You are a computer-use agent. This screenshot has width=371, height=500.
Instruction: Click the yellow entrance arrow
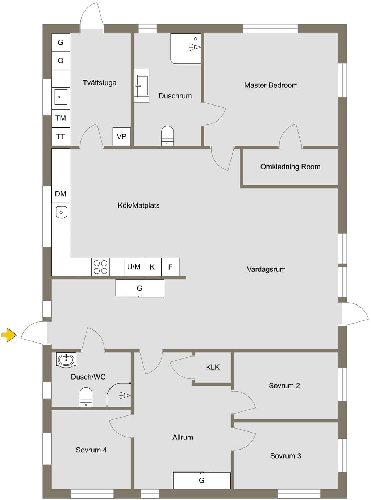[x=9, y=335]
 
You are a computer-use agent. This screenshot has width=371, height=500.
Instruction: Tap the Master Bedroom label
[x=271, y=85]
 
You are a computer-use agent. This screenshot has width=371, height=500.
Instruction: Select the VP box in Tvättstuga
[x=122, y=136]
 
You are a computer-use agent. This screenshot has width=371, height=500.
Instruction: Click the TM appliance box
[x=61, y=118]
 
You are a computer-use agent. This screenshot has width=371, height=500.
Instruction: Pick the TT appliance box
[x=61, y=136]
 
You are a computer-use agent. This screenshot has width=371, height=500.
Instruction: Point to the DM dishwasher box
[x=61, y=194]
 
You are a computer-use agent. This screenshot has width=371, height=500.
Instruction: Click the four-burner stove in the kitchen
[x=100, y=267]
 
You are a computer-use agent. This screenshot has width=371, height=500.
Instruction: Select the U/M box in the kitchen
[x=134, y=267]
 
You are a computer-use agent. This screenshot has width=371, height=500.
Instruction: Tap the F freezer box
[x=170, y=267]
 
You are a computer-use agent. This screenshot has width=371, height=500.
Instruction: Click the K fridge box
[x=152, y=267]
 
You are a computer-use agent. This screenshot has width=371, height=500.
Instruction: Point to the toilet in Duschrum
[x=167, y=136]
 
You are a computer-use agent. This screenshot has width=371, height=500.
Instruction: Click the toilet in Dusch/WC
[x=86, y=397]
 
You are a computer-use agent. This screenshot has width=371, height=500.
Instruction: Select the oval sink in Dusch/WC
[x=66, y=360]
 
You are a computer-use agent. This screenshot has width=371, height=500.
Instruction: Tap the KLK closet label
[x=213, y=367]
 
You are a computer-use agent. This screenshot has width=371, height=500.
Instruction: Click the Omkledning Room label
[x=291, y=167]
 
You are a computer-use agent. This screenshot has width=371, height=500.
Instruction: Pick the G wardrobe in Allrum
[x=202, y=480]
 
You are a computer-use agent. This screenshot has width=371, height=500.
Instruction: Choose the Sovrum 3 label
[x=286, y=456]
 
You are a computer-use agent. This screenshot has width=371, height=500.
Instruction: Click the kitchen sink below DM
[x=61, y=212]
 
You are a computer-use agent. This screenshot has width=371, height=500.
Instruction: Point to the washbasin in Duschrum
[x=142, y=86]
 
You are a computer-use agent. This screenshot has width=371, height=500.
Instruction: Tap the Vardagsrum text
[x=266, y=269]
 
